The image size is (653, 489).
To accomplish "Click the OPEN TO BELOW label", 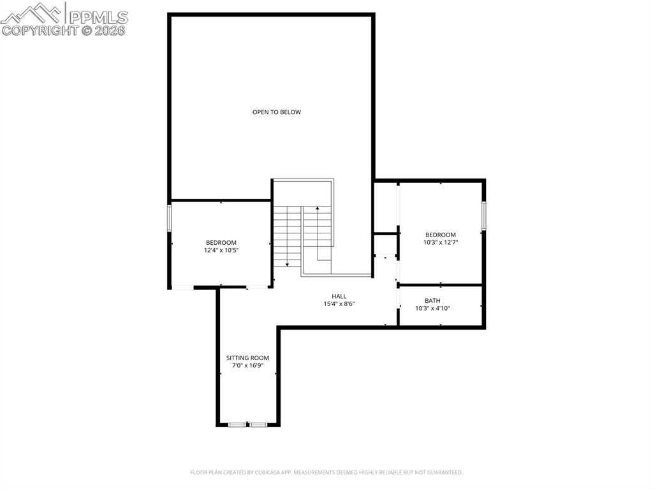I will point(276,112).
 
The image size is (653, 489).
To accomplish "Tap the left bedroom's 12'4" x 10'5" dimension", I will point(221,251).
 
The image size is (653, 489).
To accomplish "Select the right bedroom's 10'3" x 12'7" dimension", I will point(441,243).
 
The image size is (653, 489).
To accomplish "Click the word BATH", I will point(432,301).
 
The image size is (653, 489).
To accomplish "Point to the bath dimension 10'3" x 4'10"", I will point(432,309).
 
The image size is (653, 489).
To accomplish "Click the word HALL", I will point(339,296).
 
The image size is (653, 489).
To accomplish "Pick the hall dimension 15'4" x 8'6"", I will point(339,304).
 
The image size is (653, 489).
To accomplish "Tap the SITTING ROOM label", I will point(247,358).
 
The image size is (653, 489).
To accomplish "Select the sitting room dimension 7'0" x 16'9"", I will point(247,366).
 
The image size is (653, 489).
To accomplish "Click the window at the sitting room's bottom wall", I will point(248,425).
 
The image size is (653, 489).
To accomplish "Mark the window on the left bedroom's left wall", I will point(169,217).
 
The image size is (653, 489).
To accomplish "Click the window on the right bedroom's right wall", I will point(484,215).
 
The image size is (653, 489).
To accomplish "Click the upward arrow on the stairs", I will point(318,208).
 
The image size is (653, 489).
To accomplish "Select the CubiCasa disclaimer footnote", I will point(326,472).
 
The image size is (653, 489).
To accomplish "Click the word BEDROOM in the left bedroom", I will point(221,243).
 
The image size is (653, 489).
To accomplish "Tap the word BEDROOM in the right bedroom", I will point(441,235).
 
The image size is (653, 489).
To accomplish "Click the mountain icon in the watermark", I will point(32,13).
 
